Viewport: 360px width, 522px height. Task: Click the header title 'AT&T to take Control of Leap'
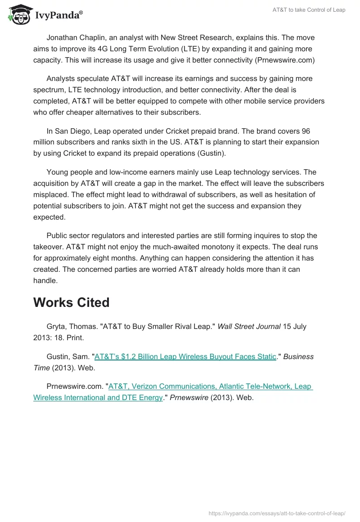(309, 10)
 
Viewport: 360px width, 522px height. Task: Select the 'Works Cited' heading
(71, 302)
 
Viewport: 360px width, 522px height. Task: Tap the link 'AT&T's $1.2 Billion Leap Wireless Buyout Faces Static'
(185, 356)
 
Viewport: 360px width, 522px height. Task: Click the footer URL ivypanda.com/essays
(277, 513)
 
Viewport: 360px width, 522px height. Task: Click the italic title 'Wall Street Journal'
(249, 327)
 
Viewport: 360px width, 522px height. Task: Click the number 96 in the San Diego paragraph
(306, 131)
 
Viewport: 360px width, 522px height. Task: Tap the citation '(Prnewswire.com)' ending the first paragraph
(285, 60)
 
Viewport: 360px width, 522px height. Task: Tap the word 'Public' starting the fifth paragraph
(58, 235)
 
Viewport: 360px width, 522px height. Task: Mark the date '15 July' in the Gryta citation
(294, 327)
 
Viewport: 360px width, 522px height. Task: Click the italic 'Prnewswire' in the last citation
(189, 397)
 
